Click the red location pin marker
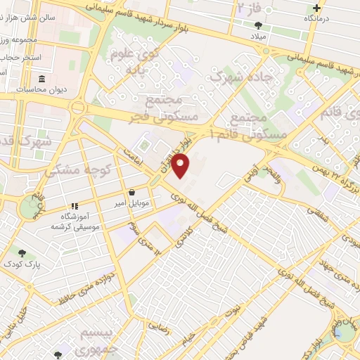[181, 165]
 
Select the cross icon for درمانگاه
[317, 8]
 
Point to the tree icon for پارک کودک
[22, 252]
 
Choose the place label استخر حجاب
[22, 56]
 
